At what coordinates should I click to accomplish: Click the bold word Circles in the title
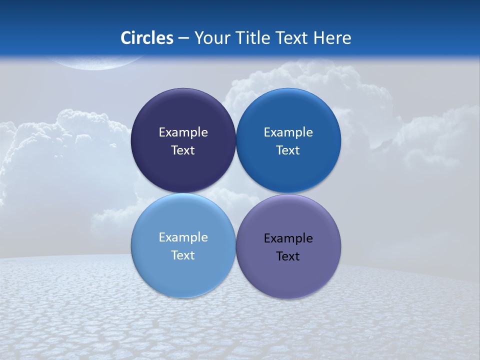147,38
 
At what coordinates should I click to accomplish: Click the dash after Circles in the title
183,38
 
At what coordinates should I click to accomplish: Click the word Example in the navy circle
183,132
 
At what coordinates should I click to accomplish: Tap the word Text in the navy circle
183,150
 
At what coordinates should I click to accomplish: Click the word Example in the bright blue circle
288,132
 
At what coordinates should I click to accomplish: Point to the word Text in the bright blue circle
288,150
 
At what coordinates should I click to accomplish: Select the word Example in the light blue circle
183,237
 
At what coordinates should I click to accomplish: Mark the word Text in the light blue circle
183,255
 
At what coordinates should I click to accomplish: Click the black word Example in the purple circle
288,238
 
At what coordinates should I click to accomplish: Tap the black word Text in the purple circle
288,256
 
